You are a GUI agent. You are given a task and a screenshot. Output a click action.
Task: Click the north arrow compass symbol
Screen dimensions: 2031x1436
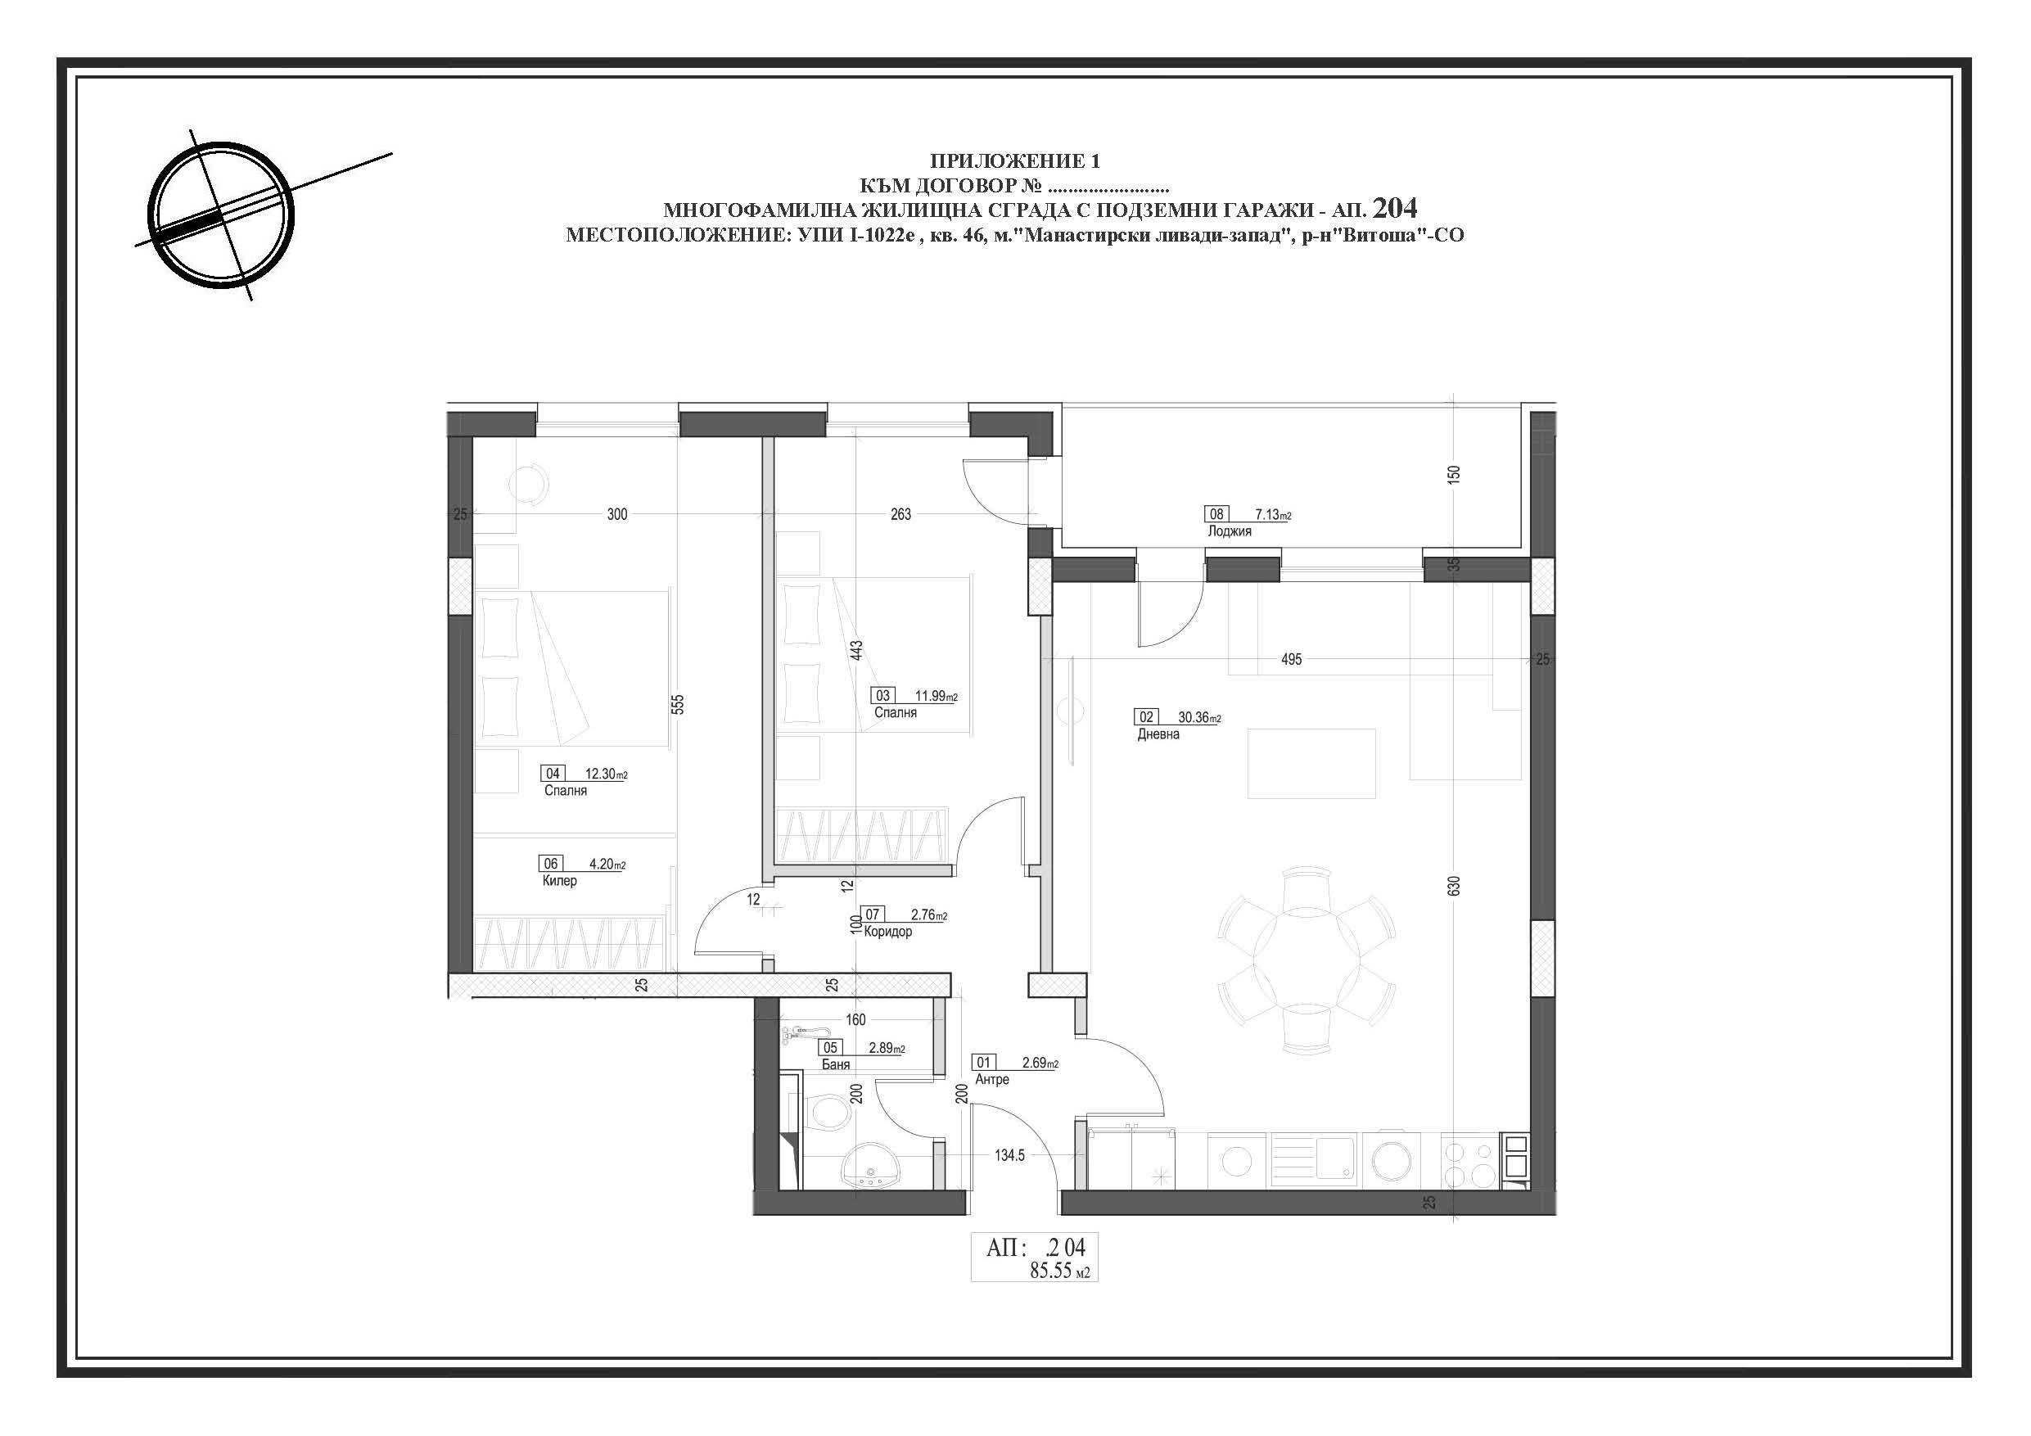[219, 214]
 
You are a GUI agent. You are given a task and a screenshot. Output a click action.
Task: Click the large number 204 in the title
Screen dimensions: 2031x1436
[1395, 208]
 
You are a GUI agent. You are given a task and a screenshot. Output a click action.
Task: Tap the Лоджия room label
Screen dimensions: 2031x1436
[1230, 532]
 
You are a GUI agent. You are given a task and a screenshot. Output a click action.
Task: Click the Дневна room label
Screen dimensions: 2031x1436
[1159, 734]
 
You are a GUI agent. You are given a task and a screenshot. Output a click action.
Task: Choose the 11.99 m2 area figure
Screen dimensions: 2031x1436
[936, 697]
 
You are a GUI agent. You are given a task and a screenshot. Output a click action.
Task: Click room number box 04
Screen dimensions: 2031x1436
[553, 774]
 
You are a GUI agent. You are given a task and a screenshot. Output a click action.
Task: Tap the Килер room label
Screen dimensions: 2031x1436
[560, 881]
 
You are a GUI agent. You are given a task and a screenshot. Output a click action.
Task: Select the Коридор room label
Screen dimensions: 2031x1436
[888, 932]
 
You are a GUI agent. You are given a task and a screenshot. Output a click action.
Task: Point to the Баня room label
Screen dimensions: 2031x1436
[836, 1064]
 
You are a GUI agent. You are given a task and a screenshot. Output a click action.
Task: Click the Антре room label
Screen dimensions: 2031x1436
[991, 1079]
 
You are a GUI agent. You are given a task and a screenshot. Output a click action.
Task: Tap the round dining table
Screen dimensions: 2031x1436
[1306, 960]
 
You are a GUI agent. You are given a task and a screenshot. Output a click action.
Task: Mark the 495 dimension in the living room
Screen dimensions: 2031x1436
[1291, 659]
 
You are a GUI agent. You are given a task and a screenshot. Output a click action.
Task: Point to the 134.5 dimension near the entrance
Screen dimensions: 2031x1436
[1009, 1154]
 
